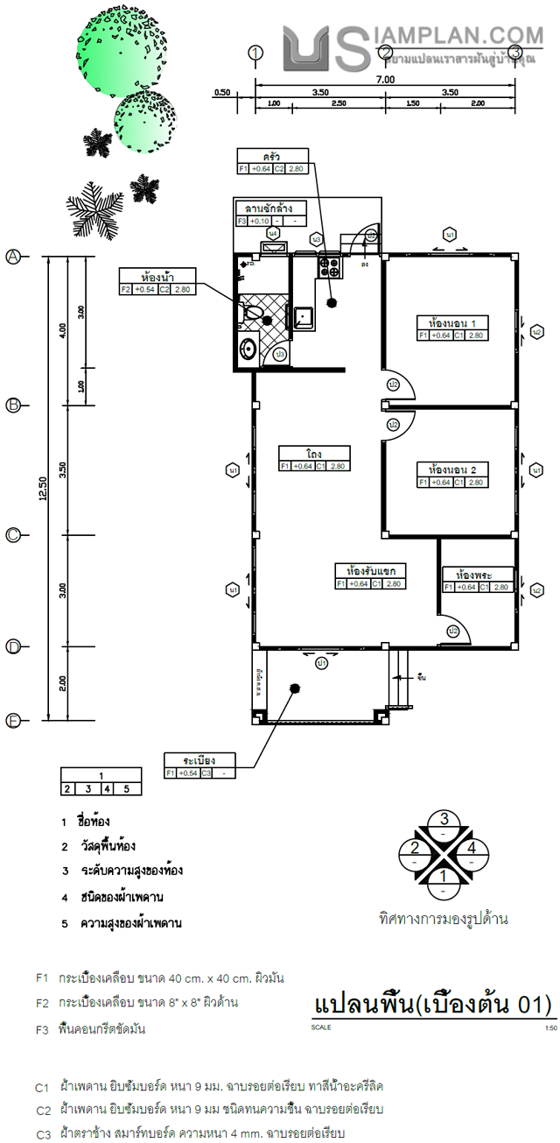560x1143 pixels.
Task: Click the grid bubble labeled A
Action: point(13,257)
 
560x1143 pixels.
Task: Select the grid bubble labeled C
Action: point(13,535)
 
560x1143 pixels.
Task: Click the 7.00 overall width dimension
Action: point(385,79)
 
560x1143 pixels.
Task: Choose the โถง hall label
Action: point(314,454)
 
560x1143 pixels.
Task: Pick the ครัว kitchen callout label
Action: point(272,156)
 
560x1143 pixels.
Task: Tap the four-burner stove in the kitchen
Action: point(330,265)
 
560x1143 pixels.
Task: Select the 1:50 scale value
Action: point(549,1028)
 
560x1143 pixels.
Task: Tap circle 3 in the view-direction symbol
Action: point(444,820)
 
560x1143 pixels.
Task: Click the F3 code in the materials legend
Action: point(42,1030)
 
